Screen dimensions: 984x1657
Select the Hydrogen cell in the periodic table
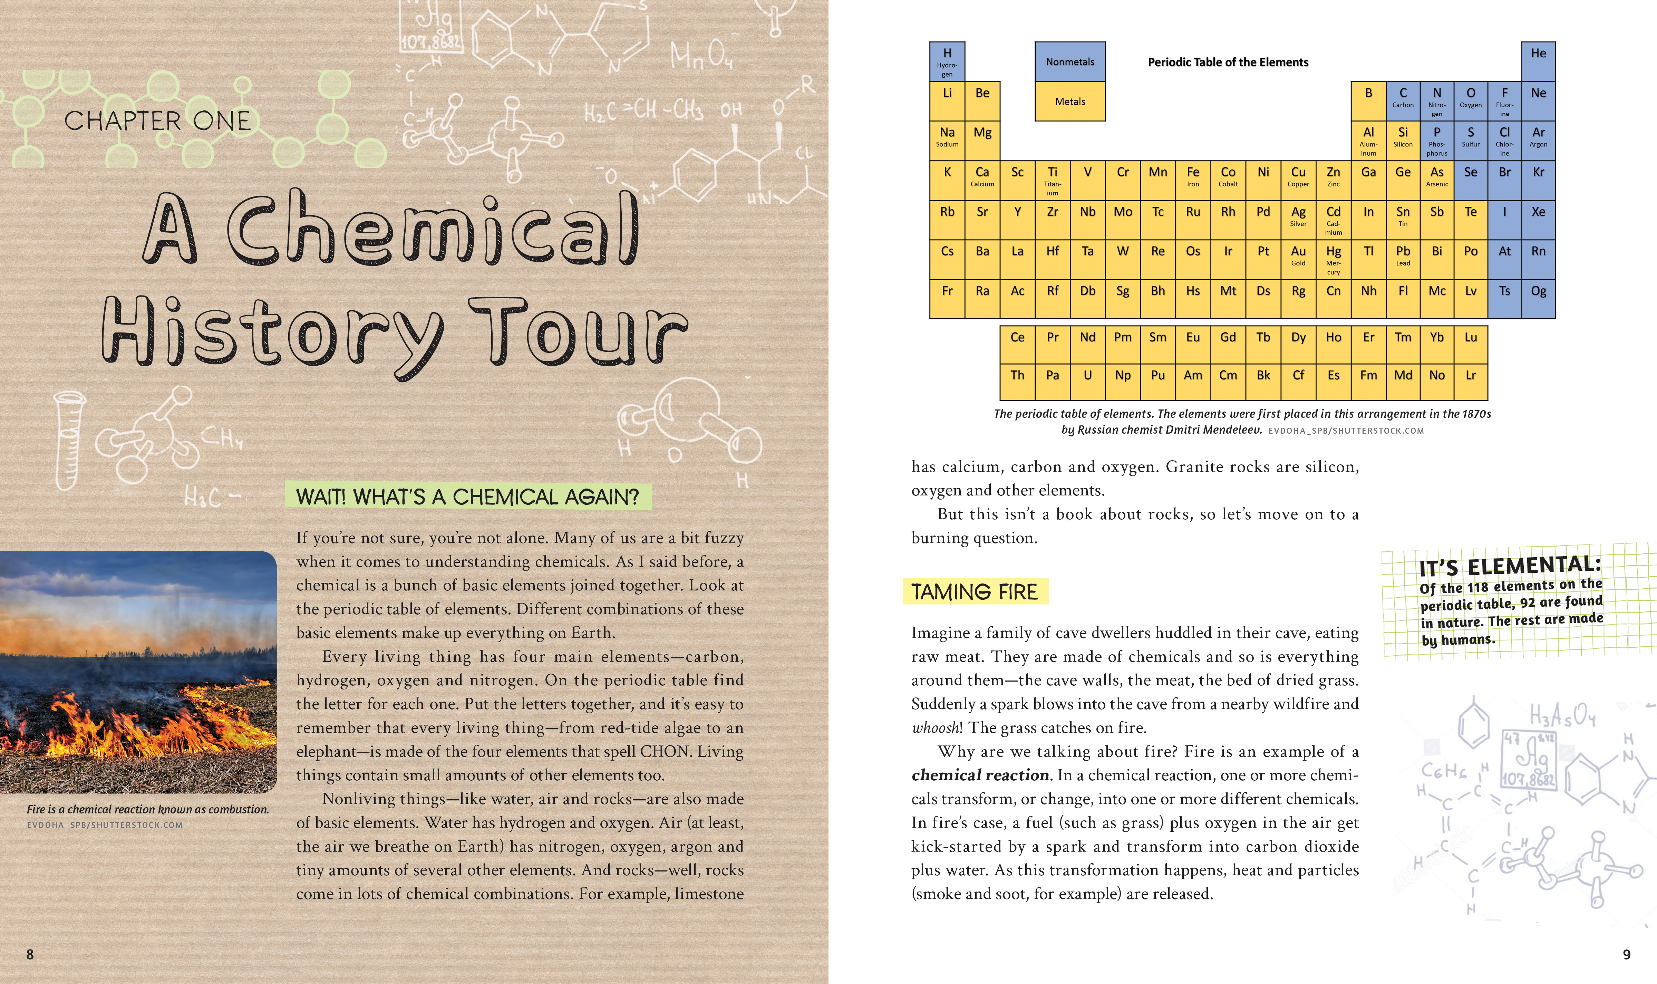[947, 62]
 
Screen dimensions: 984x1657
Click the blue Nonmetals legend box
[1070, 62]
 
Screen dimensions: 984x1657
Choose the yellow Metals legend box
[1070, 102]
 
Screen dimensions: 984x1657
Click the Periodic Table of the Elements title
[1228, 62]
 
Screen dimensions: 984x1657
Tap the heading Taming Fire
[974, 591]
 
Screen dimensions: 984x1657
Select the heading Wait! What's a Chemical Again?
[467, 496]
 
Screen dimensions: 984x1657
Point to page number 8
[30, 954]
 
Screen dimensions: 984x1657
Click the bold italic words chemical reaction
[980, 775]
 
